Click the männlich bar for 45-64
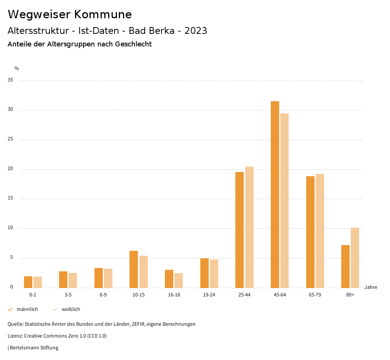275,194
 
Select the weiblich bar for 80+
355,258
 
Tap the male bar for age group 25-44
240,230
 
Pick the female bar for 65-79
320,231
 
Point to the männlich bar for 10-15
134,269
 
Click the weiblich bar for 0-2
38,282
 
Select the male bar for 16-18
169,279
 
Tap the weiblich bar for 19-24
214,274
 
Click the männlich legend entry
23,309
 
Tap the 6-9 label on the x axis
103,295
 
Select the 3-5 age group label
68,295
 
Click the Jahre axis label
371,287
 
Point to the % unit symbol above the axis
16,68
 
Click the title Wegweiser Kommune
70,14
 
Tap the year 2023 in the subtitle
196,31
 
